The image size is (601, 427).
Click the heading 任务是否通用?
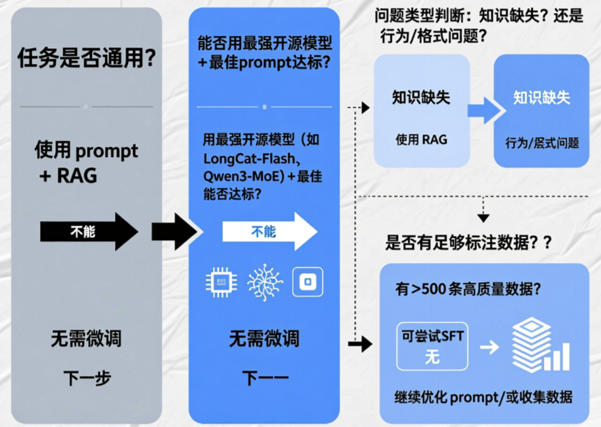coord(86,59)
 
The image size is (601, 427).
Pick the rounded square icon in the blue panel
coord(308,282)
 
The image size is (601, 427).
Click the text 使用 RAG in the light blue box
coord(421,140)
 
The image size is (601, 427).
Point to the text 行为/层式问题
coord(542,143)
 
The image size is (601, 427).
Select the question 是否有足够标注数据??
coord(469,241)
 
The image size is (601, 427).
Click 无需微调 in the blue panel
coord(264,338)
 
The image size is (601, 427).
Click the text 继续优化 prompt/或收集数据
coord(483,397)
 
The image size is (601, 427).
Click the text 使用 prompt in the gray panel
coord(86,150)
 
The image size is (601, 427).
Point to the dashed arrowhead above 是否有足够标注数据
coord(483,218)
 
